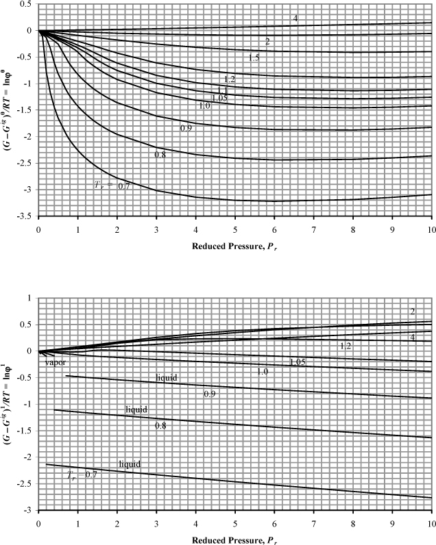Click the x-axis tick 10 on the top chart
coord(431,229)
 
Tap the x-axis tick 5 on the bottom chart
coord(235,522)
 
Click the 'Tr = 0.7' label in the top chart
coord(112,184)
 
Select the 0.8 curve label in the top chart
coord(160,155)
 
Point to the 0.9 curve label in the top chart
coord(186,128)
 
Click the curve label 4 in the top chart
coord(295,18)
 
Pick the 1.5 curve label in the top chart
coord(254,58)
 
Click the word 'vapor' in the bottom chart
coord(56,363)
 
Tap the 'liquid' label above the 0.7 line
coord(130,464)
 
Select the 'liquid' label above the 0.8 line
coord(136,409)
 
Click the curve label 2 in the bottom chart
coord(412,312)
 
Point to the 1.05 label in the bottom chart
coord(297,362)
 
